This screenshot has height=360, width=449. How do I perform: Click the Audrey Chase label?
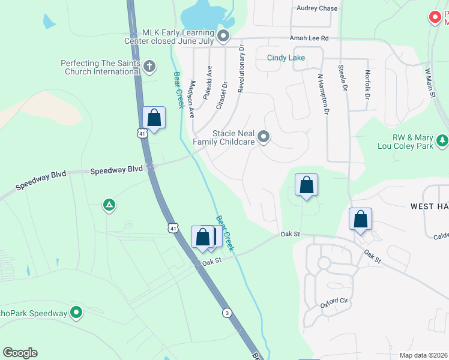coord(317,8)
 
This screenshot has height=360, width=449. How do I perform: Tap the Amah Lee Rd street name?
coord(310,38)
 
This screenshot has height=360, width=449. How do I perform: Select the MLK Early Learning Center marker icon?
coord(223,37)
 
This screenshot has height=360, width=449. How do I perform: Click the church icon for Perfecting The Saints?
coord(149,66)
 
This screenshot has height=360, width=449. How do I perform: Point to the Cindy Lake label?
coord(286,58)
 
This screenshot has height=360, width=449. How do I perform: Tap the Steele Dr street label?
coord(343,79)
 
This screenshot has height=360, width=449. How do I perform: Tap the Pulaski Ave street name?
coord(207,82)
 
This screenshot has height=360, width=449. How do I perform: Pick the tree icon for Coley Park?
coord(442,140)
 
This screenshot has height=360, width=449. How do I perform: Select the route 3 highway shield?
coord(226,313)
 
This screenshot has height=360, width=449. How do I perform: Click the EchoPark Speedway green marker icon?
coord(76,313)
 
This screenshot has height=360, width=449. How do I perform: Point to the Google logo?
coord(20,353)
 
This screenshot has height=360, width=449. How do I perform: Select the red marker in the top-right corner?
coord(435,17)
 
